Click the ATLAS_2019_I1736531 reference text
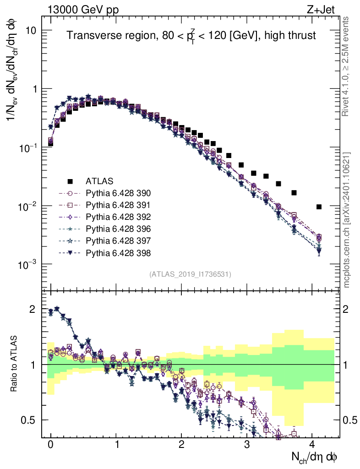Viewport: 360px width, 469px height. [190, 274]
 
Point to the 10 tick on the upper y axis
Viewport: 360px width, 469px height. [33, 30]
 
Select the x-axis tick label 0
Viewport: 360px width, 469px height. [50, 445]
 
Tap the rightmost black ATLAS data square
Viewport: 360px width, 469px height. [319, 207]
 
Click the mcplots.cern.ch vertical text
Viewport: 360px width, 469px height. [347, 220]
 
